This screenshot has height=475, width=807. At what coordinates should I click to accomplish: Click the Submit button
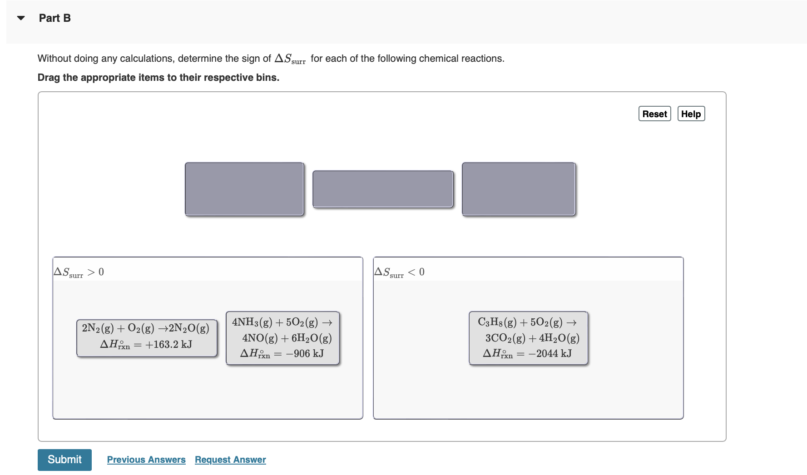tap(64, 460)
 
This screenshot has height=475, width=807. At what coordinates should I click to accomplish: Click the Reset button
tap(654, 114)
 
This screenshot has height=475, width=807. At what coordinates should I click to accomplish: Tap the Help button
tap(691, 114)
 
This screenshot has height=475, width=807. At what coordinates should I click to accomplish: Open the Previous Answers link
tap(146, 460)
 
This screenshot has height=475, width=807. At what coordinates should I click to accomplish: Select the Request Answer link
tap(230, 460)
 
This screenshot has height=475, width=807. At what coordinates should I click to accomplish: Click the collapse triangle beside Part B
tap(21, 18)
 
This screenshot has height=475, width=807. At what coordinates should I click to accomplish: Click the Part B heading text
tap(54, 18)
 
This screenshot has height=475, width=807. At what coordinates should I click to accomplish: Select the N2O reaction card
tap(146, 337)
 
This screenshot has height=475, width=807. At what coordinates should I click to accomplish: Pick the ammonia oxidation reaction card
tap(282, 337)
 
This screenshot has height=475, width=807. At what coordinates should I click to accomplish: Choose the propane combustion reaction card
tap(528, 337)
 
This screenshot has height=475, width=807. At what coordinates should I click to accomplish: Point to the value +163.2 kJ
tap(168, 345)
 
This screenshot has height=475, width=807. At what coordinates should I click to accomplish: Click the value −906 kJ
tap(305, 354)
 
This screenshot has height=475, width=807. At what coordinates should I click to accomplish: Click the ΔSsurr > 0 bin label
tap(79, 272)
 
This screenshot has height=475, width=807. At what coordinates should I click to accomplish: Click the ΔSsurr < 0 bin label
tap(400, 272)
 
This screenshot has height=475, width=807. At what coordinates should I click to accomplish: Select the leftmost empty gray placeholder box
tap(244, 189)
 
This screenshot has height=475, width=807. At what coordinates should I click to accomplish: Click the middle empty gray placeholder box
tap(383, 189)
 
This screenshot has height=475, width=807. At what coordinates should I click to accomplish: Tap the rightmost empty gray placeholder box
tap(519, 189)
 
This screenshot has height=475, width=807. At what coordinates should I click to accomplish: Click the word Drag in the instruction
tap(49, 78)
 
